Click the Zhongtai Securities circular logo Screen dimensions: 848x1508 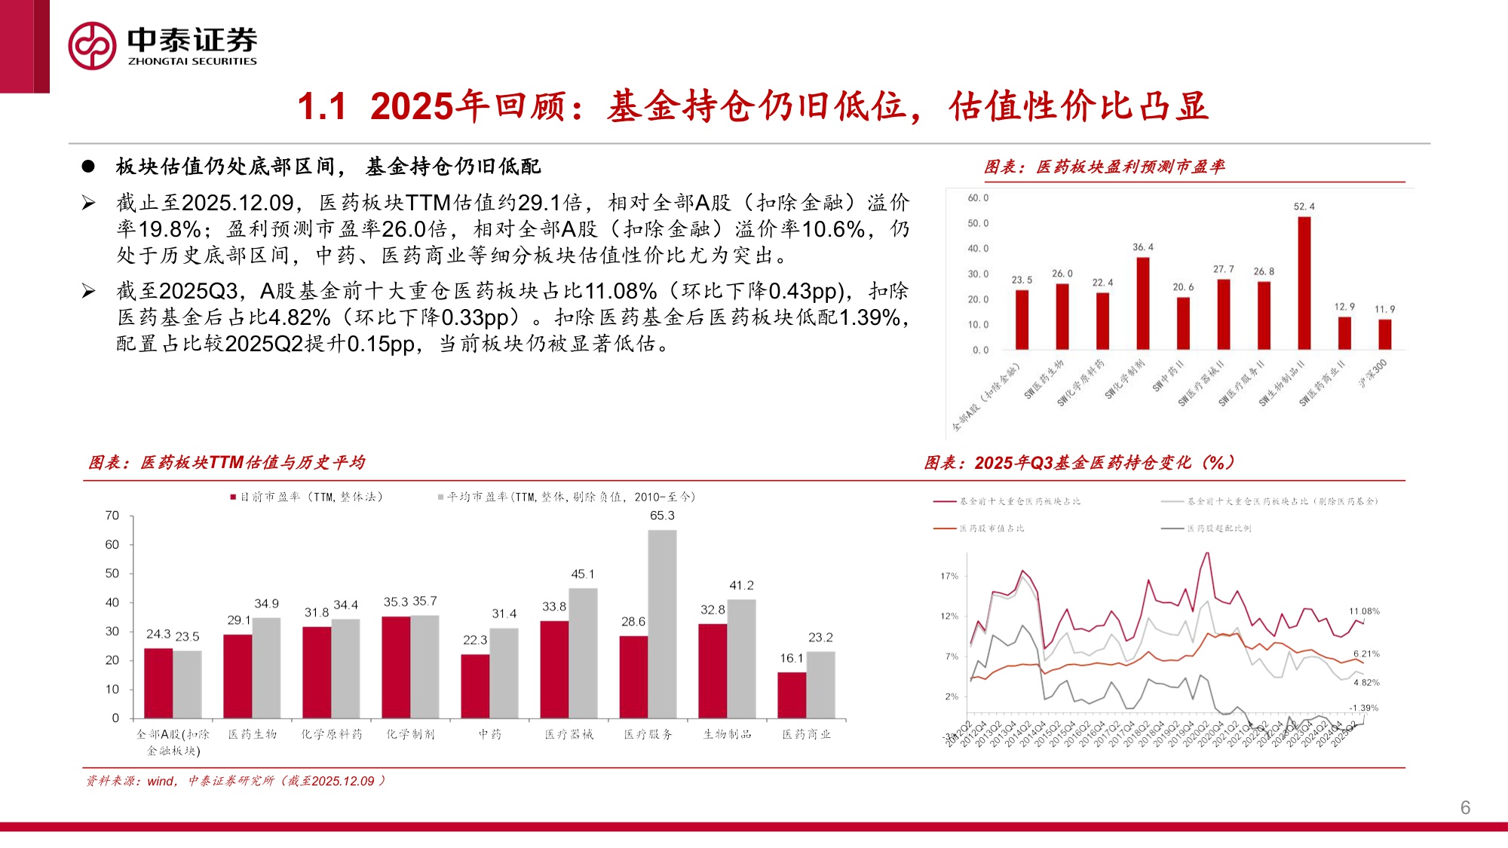[92, 46]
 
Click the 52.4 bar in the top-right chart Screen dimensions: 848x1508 [1304, 283]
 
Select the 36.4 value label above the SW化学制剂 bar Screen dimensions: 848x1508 [1142, 247]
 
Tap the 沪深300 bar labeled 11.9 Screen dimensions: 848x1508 [1384, 334]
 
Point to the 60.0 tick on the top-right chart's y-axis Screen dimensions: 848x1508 [978, 198]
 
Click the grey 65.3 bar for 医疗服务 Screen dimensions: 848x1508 [662, 624]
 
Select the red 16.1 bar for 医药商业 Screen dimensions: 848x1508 [792, 694]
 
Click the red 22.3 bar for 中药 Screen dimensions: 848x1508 [475, 685]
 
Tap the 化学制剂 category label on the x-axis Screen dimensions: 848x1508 [410, 734]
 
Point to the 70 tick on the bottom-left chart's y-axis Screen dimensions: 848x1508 [112, 516]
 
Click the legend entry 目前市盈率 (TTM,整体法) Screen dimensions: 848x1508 [307, 497]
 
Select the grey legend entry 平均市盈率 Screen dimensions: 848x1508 [567, 497]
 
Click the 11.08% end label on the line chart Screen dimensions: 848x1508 [1364, 611]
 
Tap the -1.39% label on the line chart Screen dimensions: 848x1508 [1363, 708]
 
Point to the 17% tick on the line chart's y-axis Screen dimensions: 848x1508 [949, 576]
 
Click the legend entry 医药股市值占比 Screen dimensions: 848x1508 [980, 528]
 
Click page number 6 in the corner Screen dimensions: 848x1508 [1465, 807]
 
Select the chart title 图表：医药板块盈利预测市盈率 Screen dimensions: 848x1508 [1104, 167]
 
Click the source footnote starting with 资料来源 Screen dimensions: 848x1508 [235, 781]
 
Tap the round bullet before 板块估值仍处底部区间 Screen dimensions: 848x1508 [88, 167]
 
